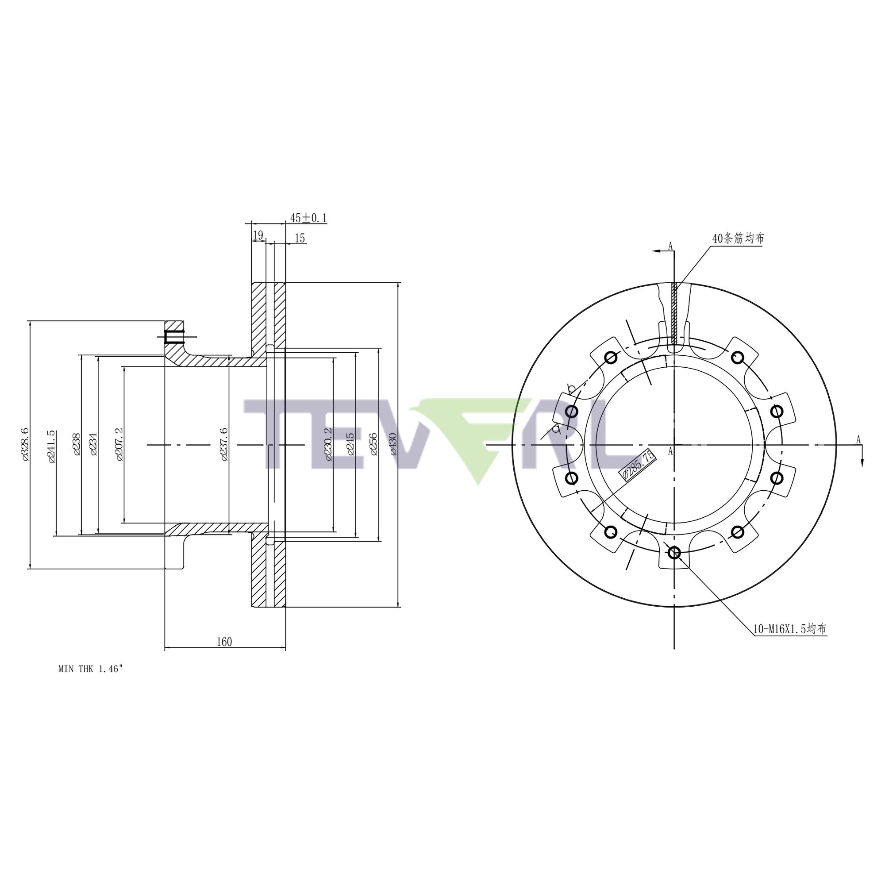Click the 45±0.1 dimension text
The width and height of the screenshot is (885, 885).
308,218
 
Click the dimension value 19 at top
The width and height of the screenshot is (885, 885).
258,235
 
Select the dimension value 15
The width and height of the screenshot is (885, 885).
300,238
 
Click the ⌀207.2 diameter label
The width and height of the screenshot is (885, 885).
119,444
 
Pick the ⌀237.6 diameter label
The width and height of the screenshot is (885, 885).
224,444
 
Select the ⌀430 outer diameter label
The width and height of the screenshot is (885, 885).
393,444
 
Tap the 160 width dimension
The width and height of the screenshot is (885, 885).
224,642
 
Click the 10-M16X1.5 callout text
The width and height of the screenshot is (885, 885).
790,629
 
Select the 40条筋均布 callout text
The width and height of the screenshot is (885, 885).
738,238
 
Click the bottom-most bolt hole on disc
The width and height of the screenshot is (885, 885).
674,553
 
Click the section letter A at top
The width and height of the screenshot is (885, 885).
670,246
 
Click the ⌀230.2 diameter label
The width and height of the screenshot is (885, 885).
327,444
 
